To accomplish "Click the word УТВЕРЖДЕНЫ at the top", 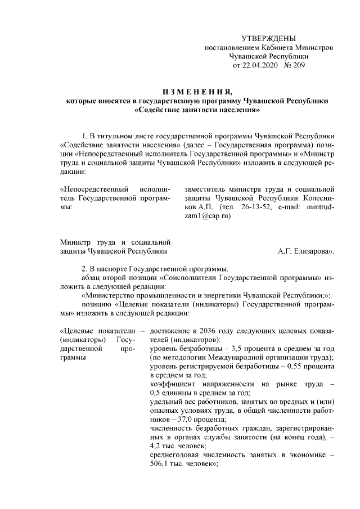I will point(268,38).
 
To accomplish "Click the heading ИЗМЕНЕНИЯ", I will point(197,92).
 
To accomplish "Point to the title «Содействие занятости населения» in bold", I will point(197,110).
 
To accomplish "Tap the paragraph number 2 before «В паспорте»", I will point(84,268).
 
